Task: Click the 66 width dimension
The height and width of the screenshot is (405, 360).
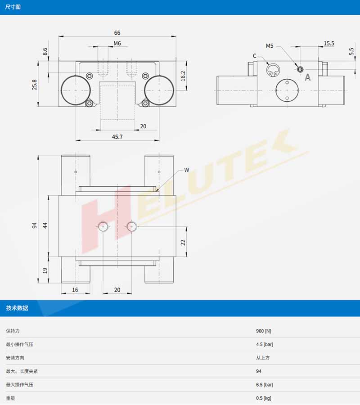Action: coord(117,33)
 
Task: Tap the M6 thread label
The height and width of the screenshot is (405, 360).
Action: coord(117,43)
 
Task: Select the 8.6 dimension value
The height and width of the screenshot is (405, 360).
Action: coord(45,51)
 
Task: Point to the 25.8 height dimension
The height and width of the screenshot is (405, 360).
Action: coord(34,85)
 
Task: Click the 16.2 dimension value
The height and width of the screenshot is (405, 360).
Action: coord(183,76)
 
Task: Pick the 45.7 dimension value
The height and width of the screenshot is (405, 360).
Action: coord(117,137)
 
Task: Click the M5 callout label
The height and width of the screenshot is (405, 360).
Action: coord(270,46)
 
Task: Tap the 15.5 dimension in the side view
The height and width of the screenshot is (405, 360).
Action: coord(329,43)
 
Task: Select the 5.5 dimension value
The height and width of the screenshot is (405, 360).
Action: coord(351,51)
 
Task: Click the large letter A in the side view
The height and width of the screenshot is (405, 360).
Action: coord(308,77)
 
